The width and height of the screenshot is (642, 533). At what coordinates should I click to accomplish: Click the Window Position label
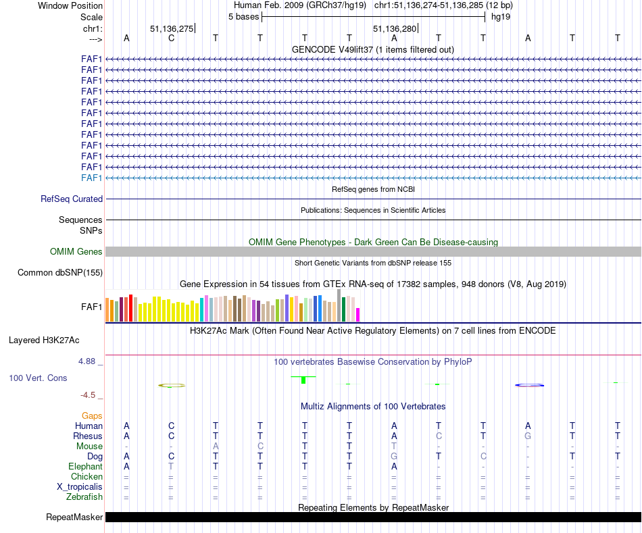(x=70, y=5)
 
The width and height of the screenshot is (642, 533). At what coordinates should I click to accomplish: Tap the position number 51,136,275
(x=172, y=28)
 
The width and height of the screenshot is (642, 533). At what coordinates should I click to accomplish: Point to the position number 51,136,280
(x=395, y=28)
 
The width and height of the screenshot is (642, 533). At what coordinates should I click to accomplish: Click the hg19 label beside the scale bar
(x=501, y=16)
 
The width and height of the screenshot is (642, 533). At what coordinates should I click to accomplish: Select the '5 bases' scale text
(x=243, y=16)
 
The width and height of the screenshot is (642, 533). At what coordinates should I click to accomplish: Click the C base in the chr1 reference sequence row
(x=171, y=38)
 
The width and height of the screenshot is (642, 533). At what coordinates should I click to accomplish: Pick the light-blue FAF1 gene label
(x=91, y=178)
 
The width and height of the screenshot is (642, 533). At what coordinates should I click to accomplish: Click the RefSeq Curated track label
(x=72, y=199)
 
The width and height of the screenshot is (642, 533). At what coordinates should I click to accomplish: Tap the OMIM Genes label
(x=76, y=252)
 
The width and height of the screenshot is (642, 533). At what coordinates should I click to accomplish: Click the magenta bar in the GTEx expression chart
(x=358, y=315)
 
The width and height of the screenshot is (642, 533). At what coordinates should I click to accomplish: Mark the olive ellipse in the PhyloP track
(x=172, y=385)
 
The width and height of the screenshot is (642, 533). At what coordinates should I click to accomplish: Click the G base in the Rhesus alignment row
(x=528, y=436)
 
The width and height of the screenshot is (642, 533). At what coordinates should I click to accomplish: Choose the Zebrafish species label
(x=85, y=497)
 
